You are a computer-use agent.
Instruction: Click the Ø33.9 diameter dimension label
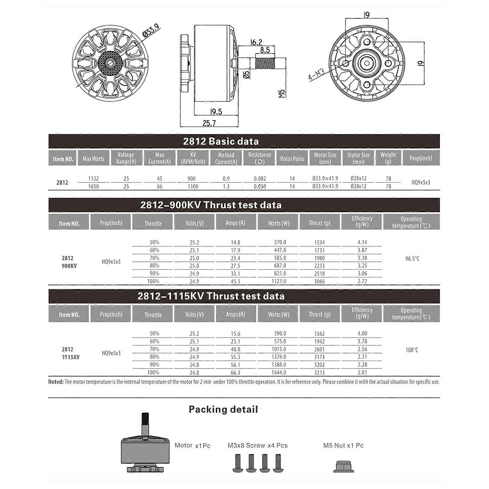[151, 31]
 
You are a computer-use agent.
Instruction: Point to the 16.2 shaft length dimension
[256, 42]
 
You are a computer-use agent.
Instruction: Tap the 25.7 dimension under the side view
[209, 123]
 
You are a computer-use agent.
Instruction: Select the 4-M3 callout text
[316, 75]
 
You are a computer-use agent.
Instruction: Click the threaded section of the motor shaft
[265, 63]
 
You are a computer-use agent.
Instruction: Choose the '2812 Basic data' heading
[221, 141]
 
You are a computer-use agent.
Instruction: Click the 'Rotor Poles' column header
[292, 159]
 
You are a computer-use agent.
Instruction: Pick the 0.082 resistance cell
[260, 178]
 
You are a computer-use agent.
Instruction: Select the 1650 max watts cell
[93, 186]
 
